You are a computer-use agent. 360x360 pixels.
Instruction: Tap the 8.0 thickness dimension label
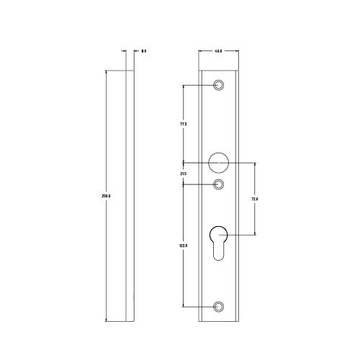tap(144, 51)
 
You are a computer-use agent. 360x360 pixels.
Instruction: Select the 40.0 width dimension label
tap(218, 51)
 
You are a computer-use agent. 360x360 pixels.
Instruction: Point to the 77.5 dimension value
tap(184, 125)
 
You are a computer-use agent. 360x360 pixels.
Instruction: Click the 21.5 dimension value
tap(183, 173)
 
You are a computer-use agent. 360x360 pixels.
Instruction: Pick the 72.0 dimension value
tap(254, 199)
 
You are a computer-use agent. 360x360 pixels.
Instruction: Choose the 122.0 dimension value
tap(184, 246)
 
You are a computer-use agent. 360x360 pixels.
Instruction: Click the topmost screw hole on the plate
tap(220, 85)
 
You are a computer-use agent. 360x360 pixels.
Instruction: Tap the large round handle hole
tap(218, 162)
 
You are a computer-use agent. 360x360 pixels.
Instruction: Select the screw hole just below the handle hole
tap(220, 185)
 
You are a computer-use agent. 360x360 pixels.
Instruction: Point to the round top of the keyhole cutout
tap(219, 234)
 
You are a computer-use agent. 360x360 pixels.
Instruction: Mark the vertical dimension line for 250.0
tap(107, 144)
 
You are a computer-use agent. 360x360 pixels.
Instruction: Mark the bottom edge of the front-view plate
tap(218, 320)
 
